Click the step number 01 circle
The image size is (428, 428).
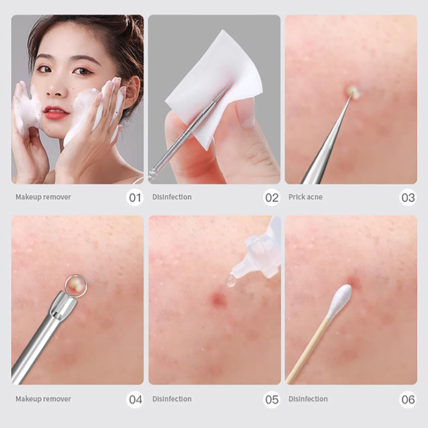click(x=135, y=197)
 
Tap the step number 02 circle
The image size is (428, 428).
click(x=272, y=197)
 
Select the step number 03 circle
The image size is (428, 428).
click(x=408, y=197)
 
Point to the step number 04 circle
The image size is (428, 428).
click(x=135, y=399)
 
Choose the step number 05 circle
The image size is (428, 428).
click(x=272, y=399)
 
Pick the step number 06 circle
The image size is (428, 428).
click(x=408, y=399)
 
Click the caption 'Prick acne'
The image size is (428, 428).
click(x=305, y=197)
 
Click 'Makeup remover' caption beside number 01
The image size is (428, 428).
click(x=43, y=197)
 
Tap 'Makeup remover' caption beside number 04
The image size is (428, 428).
click(x=43, y=399)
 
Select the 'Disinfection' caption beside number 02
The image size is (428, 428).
click(x=172, y=197)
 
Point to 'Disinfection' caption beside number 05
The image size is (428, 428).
click(x=172, y=399)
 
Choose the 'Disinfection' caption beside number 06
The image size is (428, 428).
click(x=308, y=399)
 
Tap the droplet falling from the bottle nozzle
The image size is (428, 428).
click(x=230, y=281)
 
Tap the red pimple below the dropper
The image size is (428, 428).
click(x=218, y=299)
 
